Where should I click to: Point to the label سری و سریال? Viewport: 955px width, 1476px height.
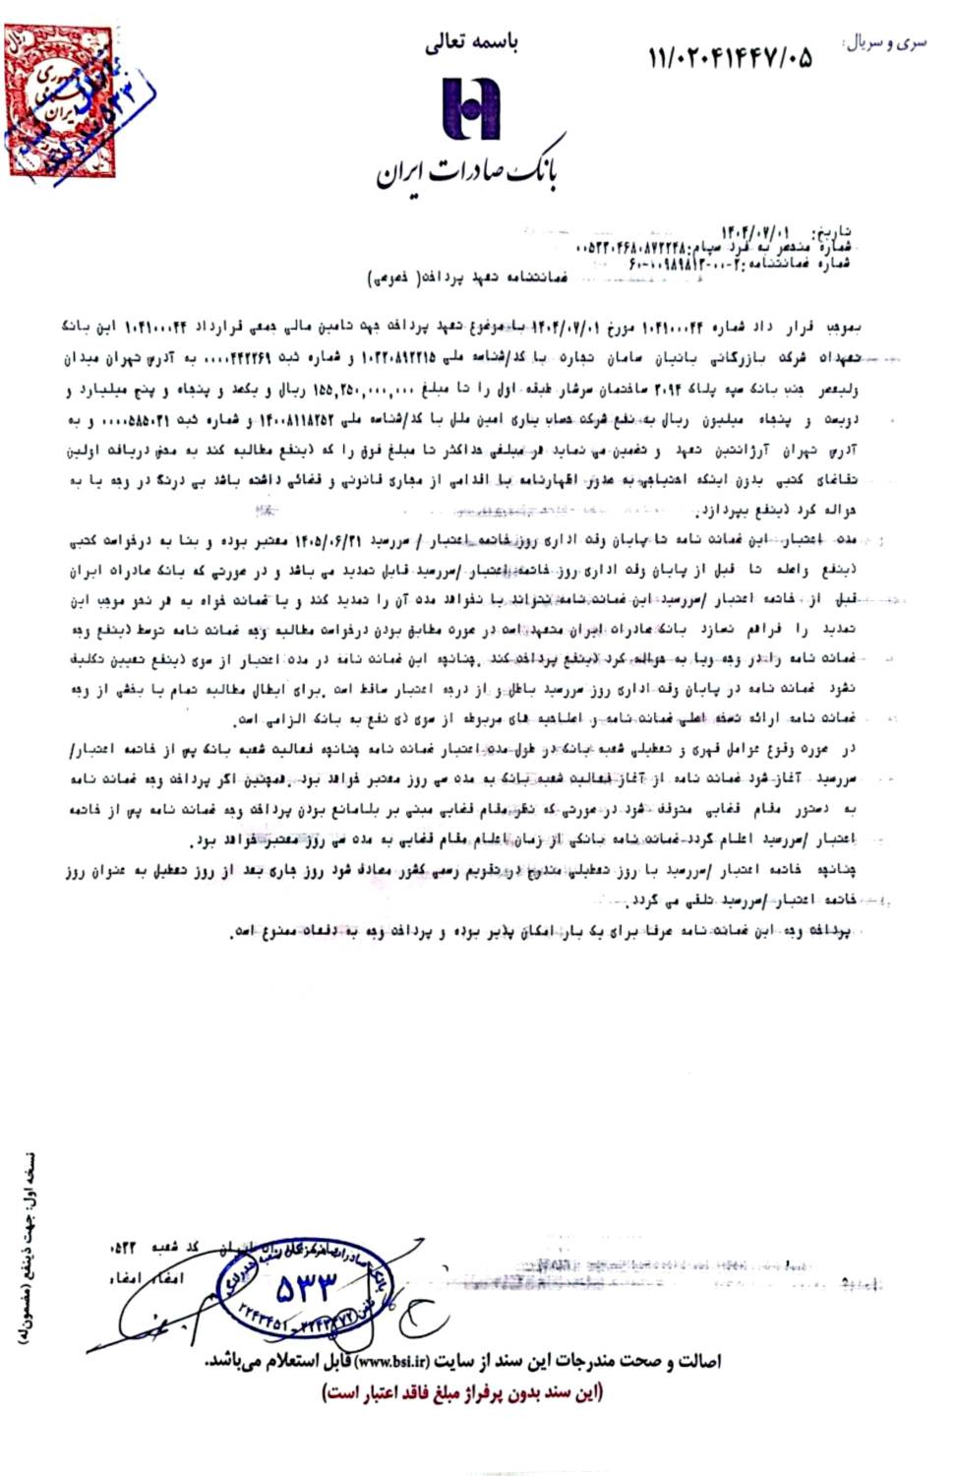885,43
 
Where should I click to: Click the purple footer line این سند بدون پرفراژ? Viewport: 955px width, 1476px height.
463,1392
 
